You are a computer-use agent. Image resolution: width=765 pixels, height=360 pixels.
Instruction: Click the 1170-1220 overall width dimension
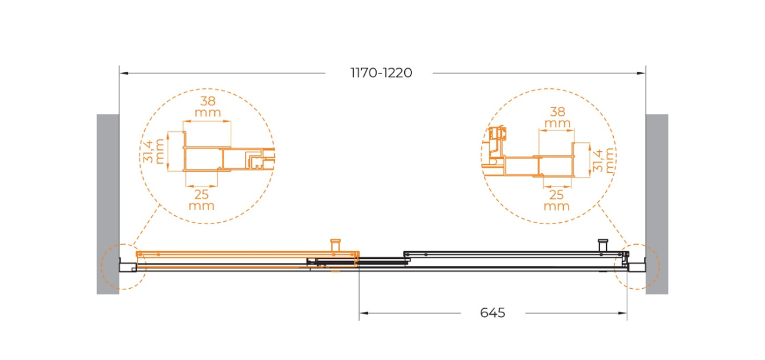[x=381, y=73]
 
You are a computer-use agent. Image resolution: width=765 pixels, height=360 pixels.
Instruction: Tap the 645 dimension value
[x=493, y=312]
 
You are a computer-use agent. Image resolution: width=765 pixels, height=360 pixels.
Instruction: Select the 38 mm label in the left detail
[x=208, y=106]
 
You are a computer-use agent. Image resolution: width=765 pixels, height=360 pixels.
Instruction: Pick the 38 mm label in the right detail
[x=557, y=117]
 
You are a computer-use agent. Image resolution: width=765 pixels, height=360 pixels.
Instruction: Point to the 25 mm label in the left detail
[x=201, y=200]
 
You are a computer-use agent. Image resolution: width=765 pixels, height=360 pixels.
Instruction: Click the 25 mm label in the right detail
[x=556, y=201]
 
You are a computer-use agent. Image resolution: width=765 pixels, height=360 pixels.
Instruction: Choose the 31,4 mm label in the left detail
[x=154, y=152]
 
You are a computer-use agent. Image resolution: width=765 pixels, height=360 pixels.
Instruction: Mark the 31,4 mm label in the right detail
[x=604, y=161]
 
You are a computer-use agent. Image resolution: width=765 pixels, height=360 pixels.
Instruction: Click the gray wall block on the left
[x=108, y=204]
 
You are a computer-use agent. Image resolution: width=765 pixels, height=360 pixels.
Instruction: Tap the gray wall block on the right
[x=657, y=204]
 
